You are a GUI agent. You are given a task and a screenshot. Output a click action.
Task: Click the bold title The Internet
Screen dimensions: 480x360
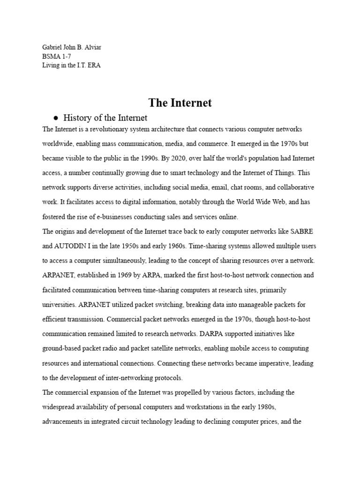(180, 103)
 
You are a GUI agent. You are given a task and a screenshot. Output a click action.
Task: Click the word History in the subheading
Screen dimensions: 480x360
(79, 118)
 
